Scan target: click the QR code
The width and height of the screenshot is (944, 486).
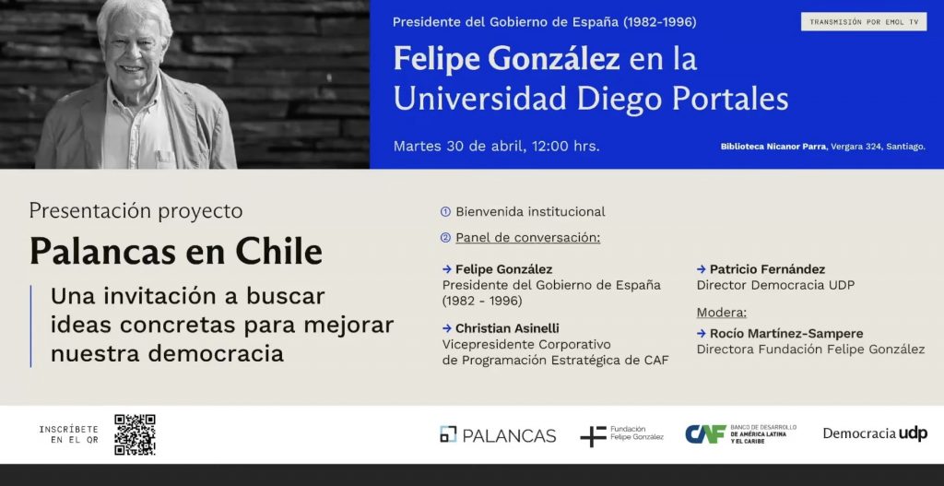coord(135,434)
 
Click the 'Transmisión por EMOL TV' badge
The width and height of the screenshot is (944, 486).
coord(863,22)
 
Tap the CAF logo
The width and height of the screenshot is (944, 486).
coord(740,433)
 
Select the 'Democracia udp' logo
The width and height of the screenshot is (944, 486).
coord(875,433)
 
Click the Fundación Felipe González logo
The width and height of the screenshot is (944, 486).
coord(622,434)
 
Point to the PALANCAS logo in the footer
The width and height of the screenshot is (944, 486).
coord(498,434)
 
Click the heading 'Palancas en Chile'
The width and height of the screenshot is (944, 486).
coord(176,252)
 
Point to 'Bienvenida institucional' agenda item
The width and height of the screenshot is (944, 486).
coord(530,212)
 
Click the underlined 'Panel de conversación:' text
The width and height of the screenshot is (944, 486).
coord(528,238)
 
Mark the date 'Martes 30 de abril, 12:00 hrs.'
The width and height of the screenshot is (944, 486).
coord(496,147)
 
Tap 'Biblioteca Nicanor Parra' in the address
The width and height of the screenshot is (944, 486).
coord(773,147)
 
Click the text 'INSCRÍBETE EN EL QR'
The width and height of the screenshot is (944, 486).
coord(68,434)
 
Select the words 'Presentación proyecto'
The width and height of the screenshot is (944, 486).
coord(136,211)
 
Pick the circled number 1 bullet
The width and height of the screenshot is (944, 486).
coord(445,212)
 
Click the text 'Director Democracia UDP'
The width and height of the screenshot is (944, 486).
coord(775,286)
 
